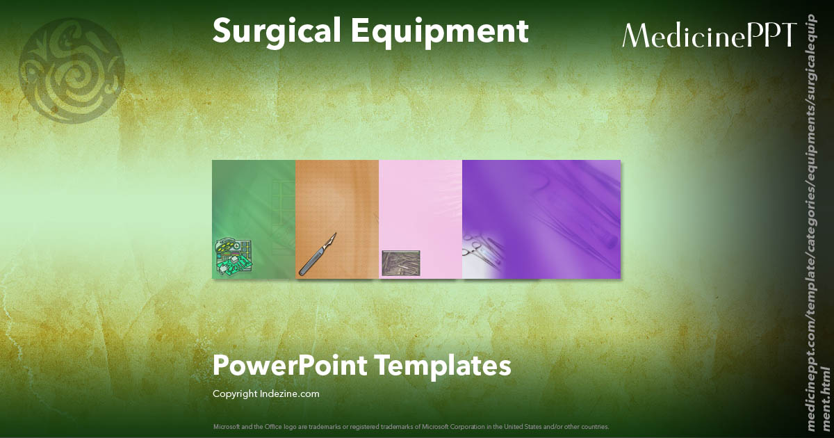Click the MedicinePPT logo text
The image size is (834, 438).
[708, 35]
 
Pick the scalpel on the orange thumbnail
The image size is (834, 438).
[317, 254]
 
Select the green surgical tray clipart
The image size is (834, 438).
[233, 257]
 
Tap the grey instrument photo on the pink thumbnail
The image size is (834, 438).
[401, 262]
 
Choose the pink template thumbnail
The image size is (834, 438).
[420, 209]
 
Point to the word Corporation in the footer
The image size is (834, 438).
[469, 426]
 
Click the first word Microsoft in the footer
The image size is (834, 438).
[225, 426]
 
